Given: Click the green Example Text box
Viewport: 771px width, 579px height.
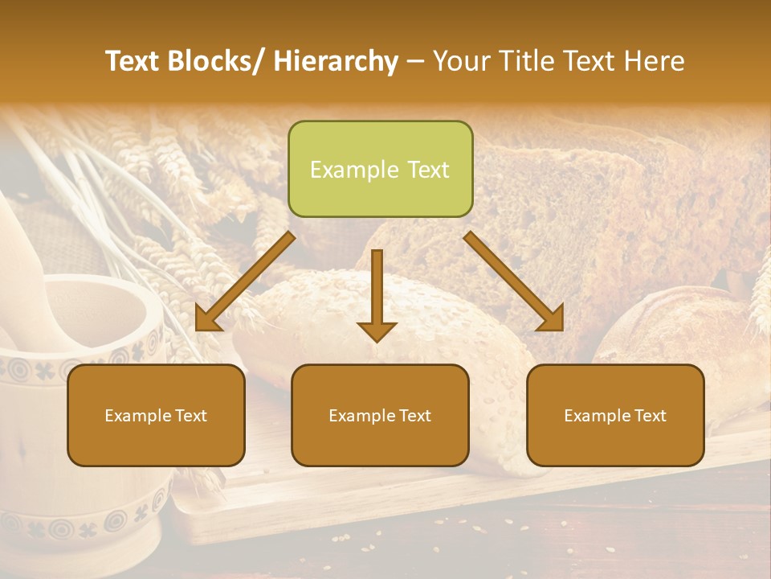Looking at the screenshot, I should (380, 169).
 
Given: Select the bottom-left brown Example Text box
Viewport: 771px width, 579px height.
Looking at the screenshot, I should (156, 415).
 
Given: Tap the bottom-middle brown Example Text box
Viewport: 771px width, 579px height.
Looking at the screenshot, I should (380, 415).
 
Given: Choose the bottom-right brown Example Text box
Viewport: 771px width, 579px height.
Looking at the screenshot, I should (615, 415).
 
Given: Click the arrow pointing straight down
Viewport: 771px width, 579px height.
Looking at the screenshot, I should (377, 294).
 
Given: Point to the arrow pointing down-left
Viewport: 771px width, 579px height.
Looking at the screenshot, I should (245, 281).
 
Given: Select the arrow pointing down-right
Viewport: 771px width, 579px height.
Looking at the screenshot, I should (514, 281).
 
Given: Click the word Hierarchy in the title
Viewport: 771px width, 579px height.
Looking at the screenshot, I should (336, 61).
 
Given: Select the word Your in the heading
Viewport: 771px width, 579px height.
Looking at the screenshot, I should (459, 61).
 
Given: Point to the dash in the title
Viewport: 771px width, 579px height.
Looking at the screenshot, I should (415, 61).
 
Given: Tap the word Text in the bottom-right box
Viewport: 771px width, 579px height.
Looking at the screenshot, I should (649, 416).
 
